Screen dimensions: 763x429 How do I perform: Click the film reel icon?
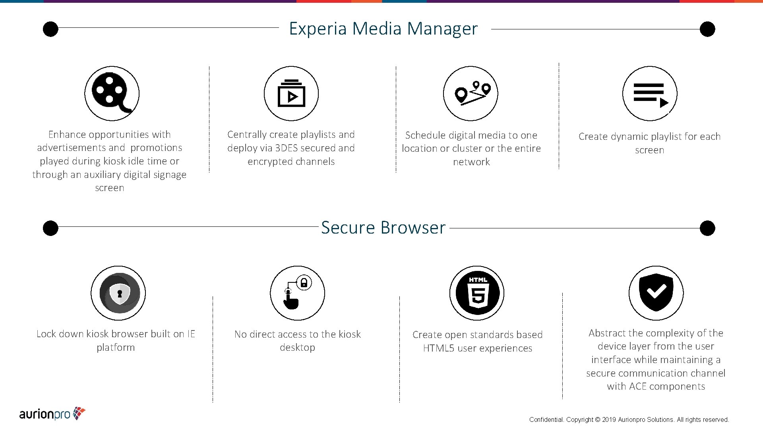coord(112,94)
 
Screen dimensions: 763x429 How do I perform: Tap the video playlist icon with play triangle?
coord(291,94)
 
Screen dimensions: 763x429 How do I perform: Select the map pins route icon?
coord(471,94)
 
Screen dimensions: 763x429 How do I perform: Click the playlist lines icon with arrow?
coord(650,94)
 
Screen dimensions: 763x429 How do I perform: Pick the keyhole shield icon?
coord(118,293)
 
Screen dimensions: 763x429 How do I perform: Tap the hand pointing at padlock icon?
coord(297,293)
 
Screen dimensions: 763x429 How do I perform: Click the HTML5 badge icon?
coord(477,293)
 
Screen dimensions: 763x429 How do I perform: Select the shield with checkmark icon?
coord(656,293)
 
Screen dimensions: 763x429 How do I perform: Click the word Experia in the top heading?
coord(318,29)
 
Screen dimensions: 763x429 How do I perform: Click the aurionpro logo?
coord(52,414)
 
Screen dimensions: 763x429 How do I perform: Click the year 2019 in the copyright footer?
coord(609,420)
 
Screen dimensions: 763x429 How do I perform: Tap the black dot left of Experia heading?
coord(50,29)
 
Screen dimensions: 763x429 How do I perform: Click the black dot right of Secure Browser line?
coord(707,228)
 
